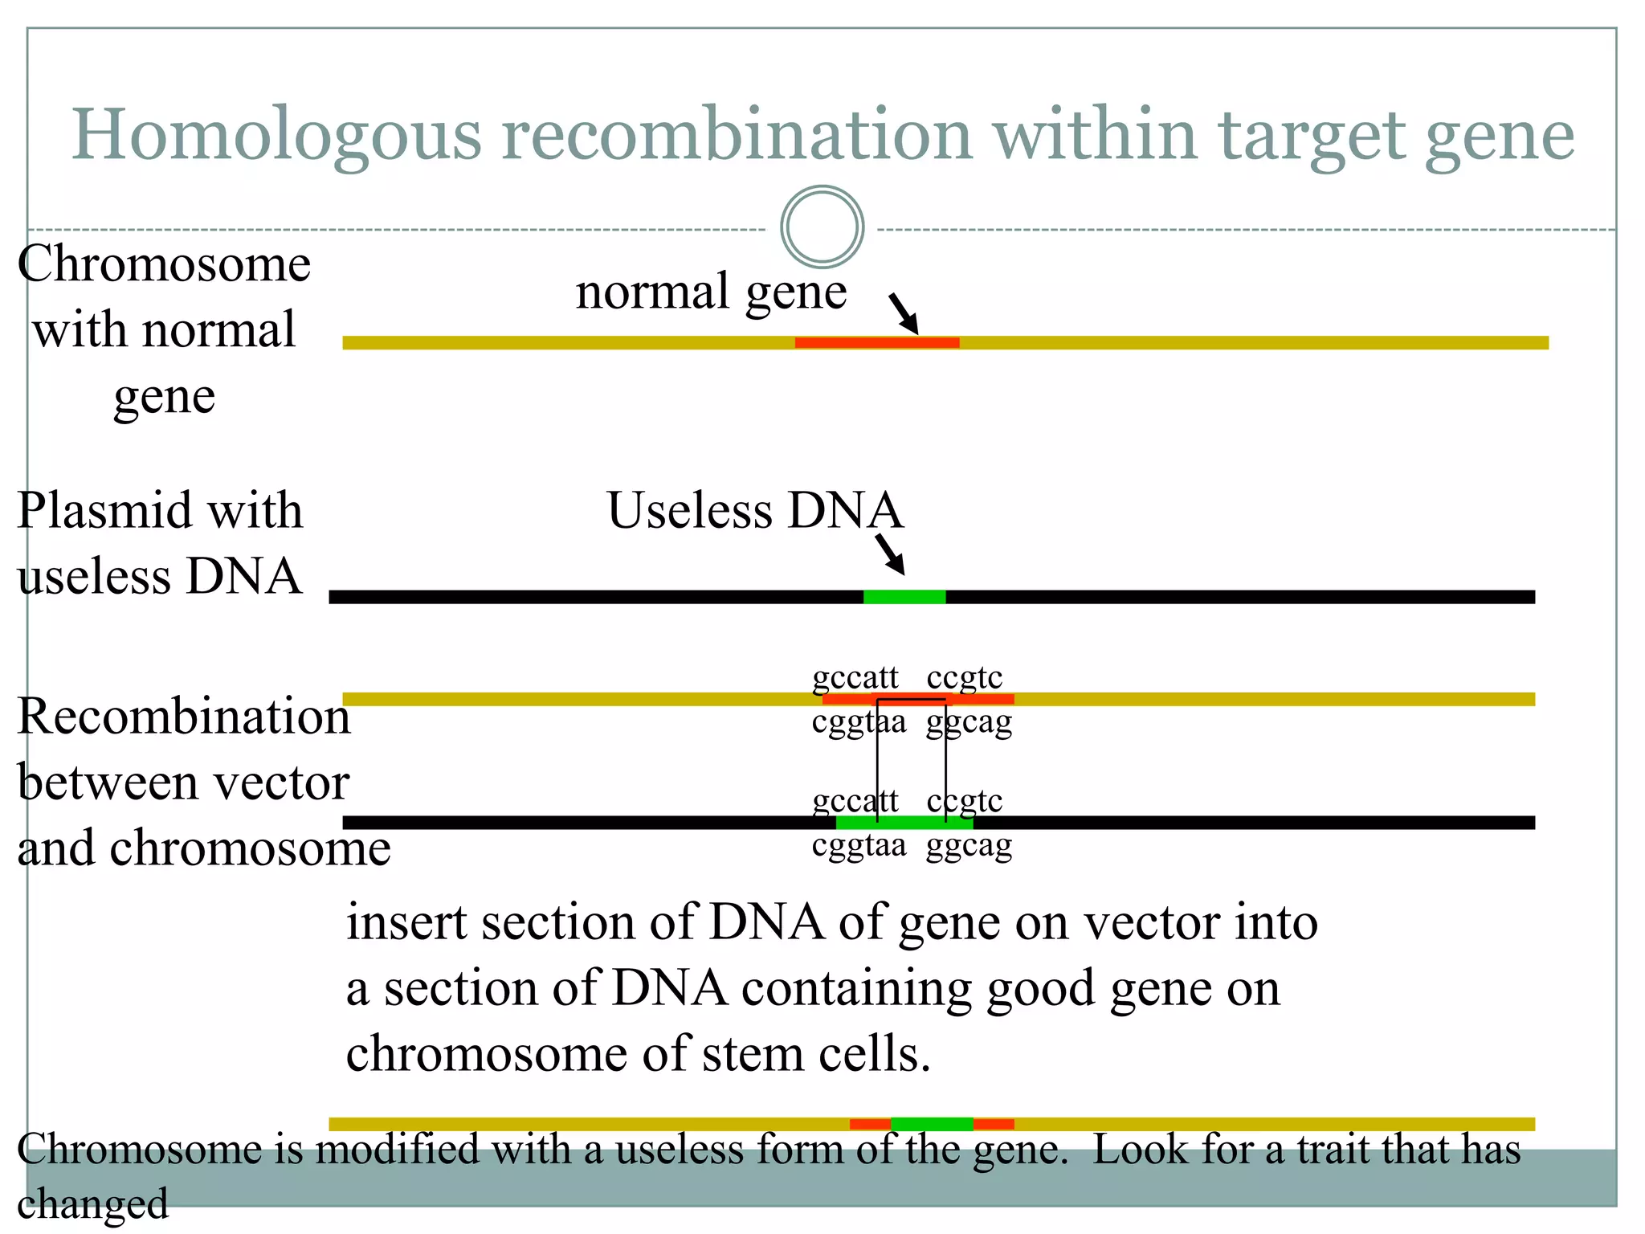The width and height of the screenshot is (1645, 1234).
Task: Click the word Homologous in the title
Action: pyautogui.click(x=277, y=135)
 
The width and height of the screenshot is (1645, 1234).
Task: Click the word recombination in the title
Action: pyautogui.click(x=737, y=135)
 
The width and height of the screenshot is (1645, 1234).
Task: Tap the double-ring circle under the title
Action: pyautogui.click(x=822, y=227)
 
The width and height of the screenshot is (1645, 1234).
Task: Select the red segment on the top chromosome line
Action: pyautogui.click(x=876, y=343)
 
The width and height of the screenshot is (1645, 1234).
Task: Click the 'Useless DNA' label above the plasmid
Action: pyautogui.click(x=755, y=510)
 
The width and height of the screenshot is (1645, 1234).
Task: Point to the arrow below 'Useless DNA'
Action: pyautogui.click(x=890, y=554)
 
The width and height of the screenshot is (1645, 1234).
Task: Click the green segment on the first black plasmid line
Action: pyautogui.click(x=904, y=597)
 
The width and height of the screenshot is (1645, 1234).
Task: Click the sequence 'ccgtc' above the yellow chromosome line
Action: pyautogui.click(x=964, y=677)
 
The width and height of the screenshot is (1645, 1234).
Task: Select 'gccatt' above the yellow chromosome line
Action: pyautogui.click(x=855, y=677)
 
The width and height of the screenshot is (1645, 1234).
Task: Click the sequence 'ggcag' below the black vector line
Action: pyautogui.click(x=969, y=846)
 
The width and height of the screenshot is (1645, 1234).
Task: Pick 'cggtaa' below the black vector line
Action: pyautogui.click(x=859, y=846)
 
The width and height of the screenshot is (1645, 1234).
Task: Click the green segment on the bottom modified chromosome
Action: pyautogui.click(x=932, y=1124)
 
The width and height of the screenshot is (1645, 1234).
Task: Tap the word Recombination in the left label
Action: pyautogui.click(x=184, y=716)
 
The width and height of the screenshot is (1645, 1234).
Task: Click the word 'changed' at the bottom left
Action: pyautogui.click(x=92, y=1203)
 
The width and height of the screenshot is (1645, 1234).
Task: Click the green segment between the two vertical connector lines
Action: pyautogui.click(x=911, y=822)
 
